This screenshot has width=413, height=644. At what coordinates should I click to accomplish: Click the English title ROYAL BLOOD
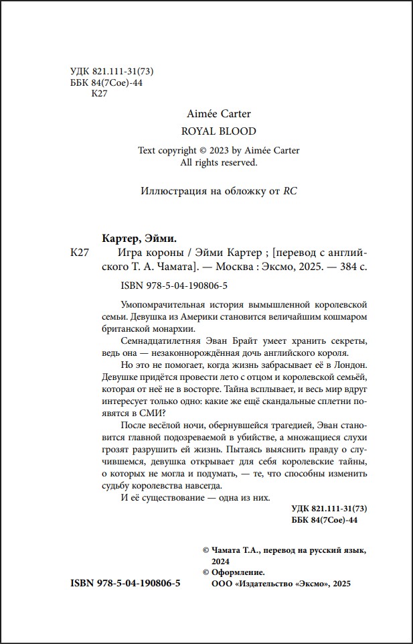218,131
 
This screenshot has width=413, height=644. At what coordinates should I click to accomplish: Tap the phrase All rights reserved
219,162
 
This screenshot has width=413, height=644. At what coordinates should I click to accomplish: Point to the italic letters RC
290,190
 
